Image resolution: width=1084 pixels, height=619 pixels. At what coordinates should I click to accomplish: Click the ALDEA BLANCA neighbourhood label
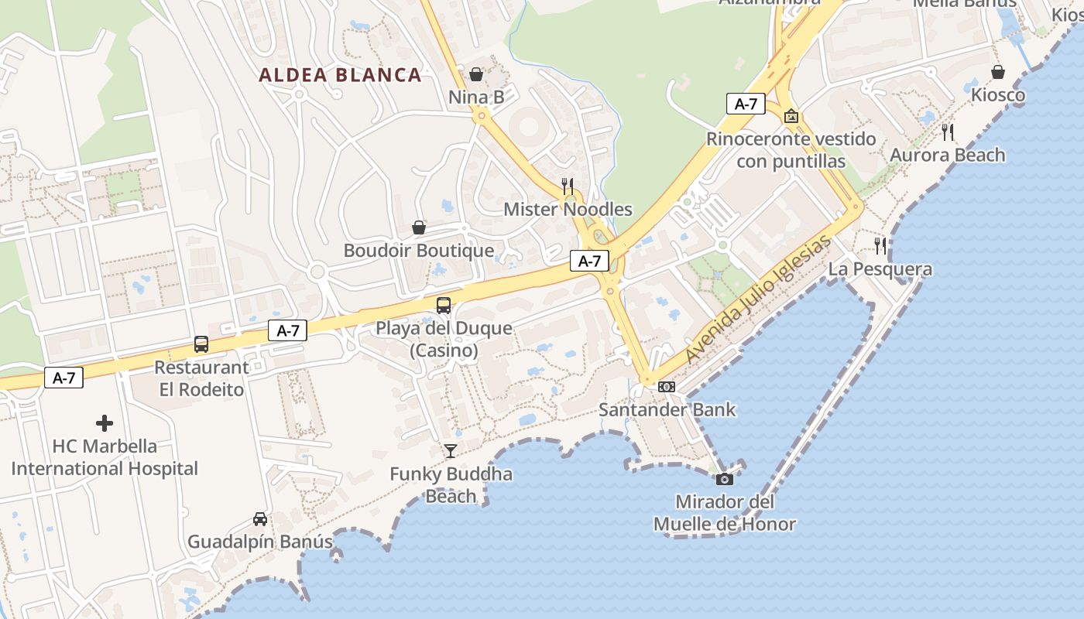point(340,75)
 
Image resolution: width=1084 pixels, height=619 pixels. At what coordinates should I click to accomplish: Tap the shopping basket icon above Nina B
point(476,74)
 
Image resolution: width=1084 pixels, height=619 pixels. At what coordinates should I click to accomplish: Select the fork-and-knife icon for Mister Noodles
point(568,186)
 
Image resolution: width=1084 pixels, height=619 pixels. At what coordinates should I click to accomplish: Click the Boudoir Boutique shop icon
point(419,227)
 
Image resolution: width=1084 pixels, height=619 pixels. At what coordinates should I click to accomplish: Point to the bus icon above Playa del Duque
point(444,305)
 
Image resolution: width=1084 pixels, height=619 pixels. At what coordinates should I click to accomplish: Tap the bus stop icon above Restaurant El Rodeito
point(201,344)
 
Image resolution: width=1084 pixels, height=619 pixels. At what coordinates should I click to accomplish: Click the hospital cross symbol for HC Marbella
point(105,423)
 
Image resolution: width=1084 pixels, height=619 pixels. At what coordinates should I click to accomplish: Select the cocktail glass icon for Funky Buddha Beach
point(451,451)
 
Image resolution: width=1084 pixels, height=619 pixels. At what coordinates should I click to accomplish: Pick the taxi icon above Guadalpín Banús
point(260,519)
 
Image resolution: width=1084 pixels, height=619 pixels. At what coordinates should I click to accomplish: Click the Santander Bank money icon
point(667,386)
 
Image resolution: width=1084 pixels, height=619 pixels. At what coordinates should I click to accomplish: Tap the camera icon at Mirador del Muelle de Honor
point(725,479)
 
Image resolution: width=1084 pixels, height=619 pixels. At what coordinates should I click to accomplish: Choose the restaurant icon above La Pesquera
point(880,246)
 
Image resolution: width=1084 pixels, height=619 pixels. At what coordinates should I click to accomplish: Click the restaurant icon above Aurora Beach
point(948,132)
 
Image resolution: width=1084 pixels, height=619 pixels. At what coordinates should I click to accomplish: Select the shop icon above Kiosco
point(999,72)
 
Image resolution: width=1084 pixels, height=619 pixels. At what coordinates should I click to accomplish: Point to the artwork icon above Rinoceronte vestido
point(791,116)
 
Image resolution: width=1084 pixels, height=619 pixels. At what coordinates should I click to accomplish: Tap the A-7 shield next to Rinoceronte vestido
point(746,104)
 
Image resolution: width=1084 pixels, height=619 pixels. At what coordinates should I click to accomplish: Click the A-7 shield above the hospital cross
point(63,378)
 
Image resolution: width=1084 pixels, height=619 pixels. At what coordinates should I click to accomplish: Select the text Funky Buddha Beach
point(451,484)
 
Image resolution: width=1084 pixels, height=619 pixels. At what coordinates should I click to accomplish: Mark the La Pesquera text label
point(880,269)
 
